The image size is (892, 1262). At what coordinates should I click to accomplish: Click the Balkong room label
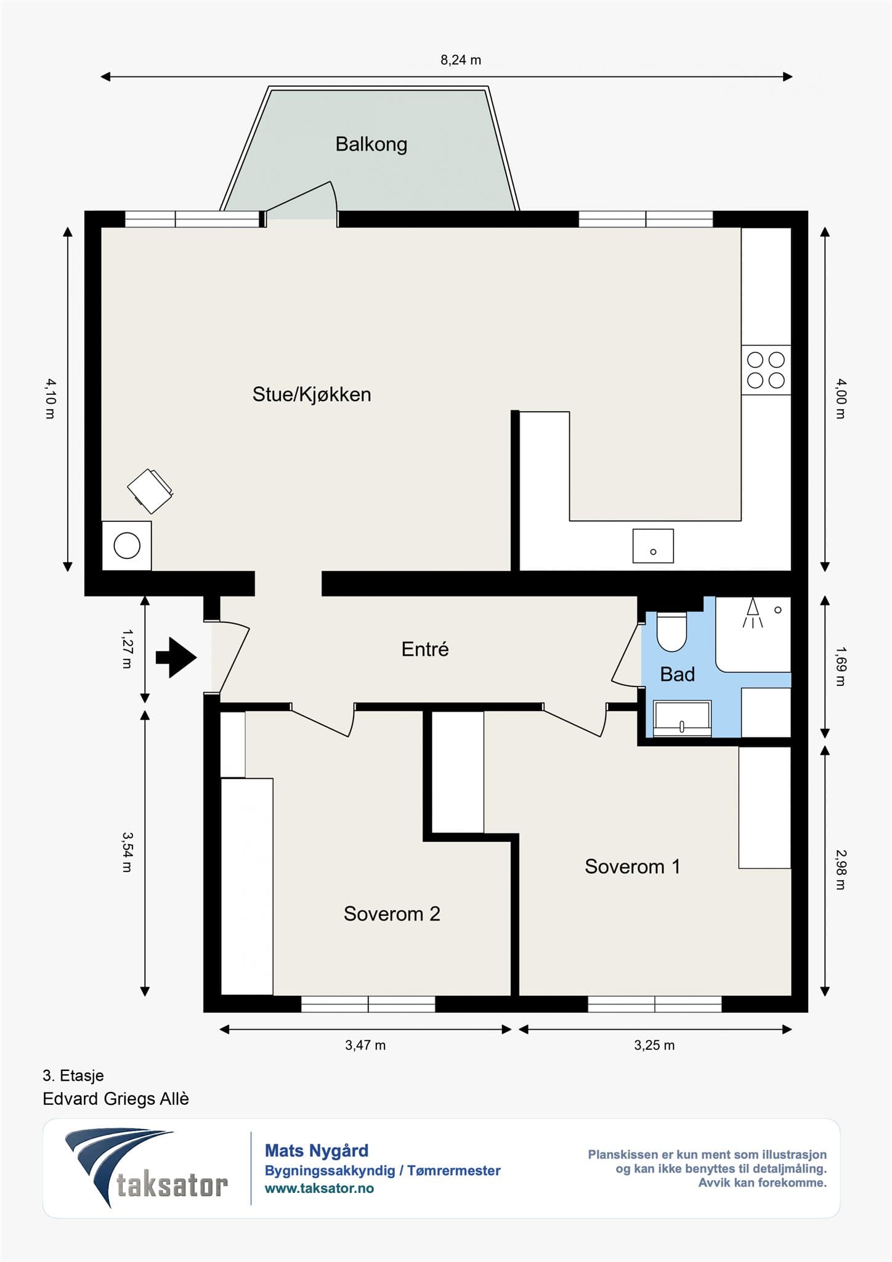371,144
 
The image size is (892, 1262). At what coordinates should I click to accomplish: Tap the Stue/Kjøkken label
312,394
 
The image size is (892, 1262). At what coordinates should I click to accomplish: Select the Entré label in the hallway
425,649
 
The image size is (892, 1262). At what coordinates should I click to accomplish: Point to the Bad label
678,674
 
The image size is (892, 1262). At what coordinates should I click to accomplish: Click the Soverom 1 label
633,866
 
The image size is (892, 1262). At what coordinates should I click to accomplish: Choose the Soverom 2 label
392,913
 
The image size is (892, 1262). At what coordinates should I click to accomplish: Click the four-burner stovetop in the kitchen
766,370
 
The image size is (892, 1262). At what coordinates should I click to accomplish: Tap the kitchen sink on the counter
653,546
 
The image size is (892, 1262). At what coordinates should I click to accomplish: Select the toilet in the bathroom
671,631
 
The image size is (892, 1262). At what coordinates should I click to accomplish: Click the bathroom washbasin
682,718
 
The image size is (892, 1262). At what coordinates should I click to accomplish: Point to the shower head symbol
753,613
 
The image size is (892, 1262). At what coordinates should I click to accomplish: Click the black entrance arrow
176,657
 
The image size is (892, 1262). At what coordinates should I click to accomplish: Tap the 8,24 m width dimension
461,60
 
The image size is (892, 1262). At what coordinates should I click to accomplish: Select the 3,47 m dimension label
365,1045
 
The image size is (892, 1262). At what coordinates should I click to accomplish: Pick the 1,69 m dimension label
841,666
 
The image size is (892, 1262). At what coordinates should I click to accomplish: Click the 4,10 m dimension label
51,399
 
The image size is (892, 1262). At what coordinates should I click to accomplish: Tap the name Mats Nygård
317,1150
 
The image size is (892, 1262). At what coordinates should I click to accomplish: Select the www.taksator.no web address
319,1189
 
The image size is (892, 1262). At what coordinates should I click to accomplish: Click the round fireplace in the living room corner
127,545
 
